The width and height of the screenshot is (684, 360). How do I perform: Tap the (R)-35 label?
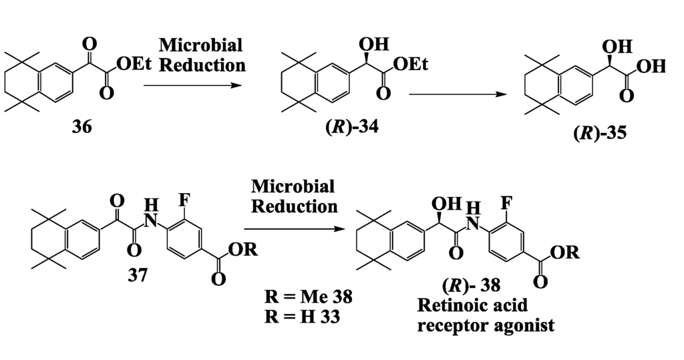[x=600, y=132]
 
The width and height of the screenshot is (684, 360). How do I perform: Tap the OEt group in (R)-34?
[x=410, y=64]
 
